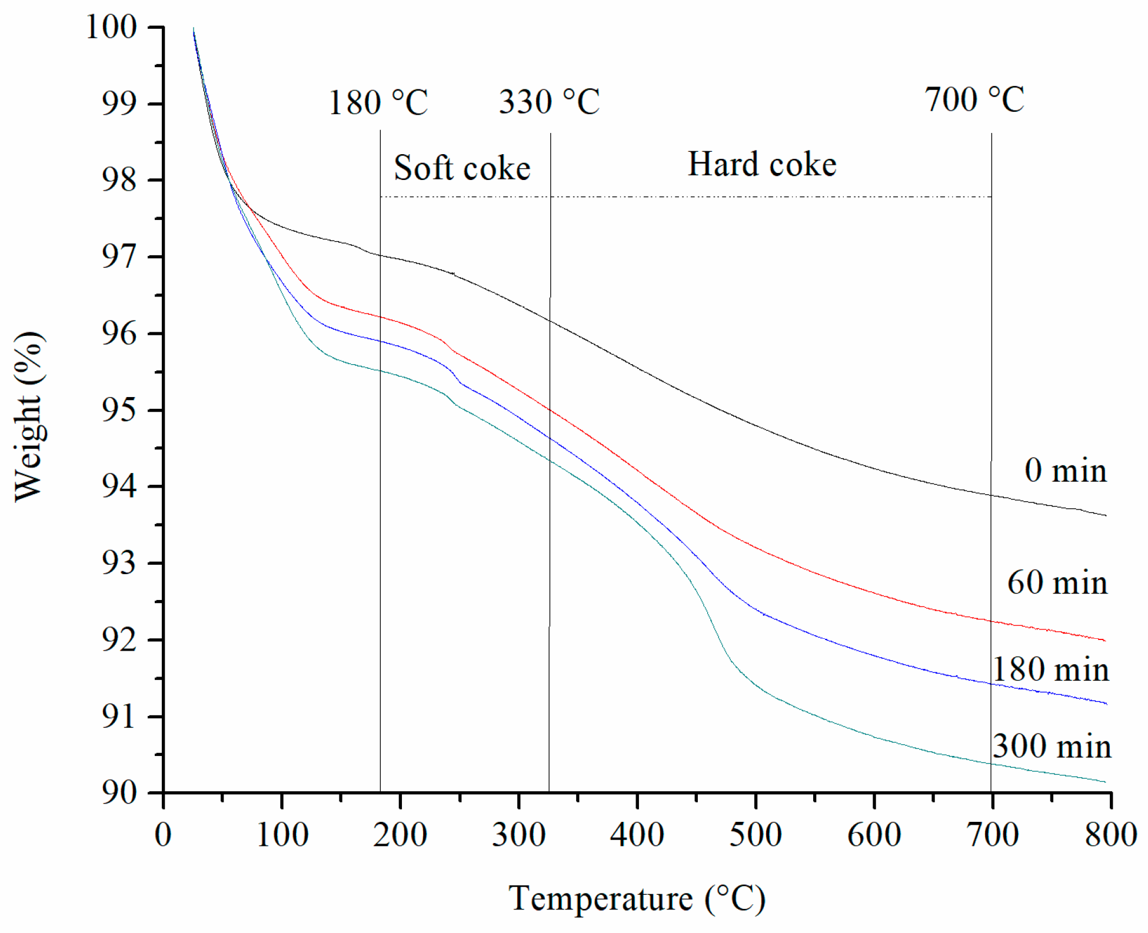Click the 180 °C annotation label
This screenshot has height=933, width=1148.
(x=378, y=103)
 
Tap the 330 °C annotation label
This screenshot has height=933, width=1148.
(x=549, y=102)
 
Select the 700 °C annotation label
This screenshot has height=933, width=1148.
(x=974, y=99)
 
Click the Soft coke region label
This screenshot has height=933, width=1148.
(x=462, y=168)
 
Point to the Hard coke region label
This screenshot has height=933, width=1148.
(x=762, y=164)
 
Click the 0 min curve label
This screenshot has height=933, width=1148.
(x=1065, y=471)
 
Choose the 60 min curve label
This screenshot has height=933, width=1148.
(x=1057, y=582)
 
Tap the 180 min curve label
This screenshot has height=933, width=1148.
(x=1050, y=669)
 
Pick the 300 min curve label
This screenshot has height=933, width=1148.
(x=1052, y=746)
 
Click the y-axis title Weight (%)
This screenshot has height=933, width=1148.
(x=28, y=416)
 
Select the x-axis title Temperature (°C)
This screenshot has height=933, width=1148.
(x=637, y=899)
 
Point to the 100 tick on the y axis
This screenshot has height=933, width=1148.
(x=112, y=27)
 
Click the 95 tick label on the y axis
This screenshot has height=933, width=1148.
(x=119, y=410)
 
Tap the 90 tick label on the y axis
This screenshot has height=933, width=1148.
(x=119, y=793)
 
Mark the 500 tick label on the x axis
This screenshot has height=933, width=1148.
(x=756, y=835)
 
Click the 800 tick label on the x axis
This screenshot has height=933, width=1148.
(x=1110, y=835)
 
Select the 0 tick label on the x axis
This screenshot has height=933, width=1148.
(x=163, y=835)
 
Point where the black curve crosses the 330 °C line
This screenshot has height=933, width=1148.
(x=550, y=321)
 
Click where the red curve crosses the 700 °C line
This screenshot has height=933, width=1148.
(x=991, y=621)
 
